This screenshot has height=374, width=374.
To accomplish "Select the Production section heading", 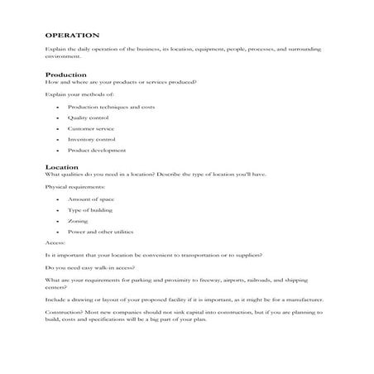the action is [65, 75].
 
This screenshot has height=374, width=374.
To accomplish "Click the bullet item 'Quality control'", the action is [84, 118].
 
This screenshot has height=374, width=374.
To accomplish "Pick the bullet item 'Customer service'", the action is [86, 129].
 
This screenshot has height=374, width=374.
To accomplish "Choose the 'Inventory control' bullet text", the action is [87, 140].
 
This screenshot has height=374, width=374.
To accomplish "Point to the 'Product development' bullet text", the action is [91, 151].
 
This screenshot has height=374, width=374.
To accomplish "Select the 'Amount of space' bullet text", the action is [84, 200].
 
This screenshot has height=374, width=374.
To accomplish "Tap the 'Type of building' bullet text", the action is [85, 211].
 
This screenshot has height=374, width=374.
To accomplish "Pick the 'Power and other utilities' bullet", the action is [96, 233].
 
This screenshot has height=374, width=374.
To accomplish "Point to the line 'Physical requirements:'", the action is [70, 188].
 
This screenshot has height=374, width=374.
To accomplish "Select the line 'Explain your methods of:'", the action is [73, 95].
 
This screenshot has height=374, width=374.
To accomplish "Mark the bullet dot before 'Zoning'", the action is [56, 222].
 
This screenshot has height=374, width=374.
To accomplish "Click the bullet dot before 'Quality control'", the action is [56, 118].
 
